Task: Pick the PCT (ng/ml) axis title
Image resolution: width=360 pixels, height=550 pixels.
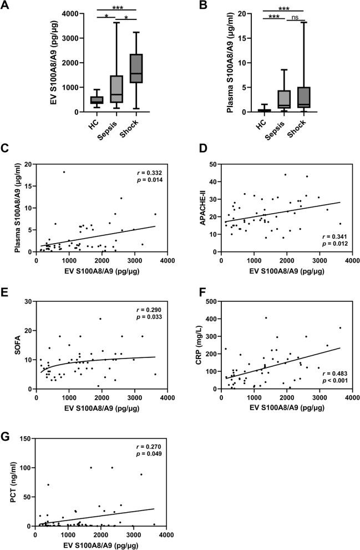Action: point(13,482)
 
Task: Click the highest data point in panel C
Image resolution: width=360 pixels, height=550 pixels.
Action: point(64,172)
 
